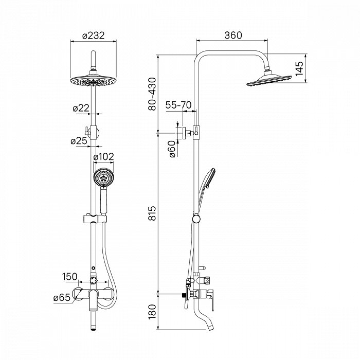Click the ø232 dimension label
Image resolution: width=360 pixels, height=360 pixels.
[x=94, y=35]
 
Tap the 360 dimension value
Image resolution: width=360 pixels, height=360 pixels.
[x=233, y=35]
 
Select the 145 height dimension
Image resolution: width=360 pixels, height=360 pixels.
[x=299, y=68]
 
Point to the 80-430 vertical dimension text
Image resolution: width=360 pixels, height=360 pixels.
[x=152, y=94]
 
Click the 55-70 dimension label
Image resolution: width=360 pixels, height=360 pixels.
[x=178, y=105]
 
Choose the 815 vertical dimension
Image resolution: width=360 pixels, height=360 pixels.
[x=152, y=213]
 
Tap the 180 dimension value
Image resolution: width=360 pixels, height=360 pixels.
[x=152, y=312]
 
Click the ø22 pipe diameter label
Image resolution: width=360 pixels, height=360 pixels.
[x=81, y=108]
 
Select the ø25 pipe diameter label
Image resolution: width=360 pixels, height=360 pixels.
[x=79, y=141]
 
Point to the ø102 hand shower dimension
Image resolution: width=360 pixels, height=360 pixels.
[x=104, y=157]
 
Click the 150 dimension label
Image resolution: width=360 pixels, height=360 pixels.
[x=70, y=277]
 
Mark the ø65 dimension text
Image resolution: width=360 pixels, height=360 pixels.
[x=62, y=298]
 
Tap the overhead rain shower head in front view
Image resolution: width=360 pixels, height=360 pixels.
[x=93, y=81]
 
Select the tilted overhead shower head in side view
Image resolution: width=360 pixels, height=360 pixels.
[x=269, y=79]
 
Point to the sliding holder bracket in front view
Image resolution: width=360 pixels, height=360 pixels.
[x=95, y=219]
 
